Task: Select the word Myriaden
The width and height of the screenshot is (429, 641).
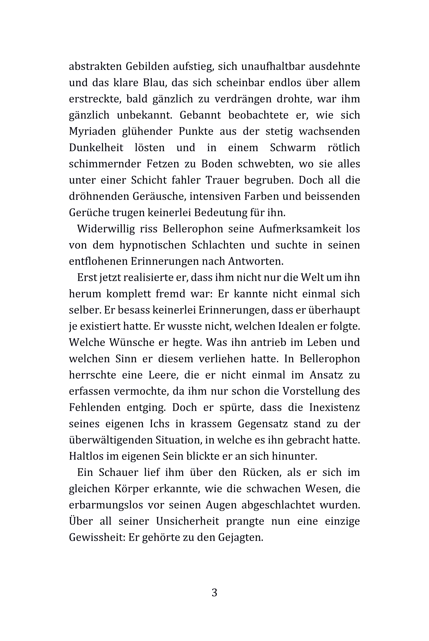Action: [x=92, y=131]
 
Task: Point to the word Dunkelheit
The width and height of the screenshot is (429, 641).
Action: [x=96, y=147]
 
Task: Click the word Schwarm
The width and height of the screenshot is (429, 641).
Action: [x=293, y=147]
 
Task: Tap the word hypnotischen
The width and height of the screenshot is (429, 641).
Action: [x=153, y=245]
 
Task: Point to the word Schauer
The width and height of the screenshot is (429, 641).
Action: [x=118, y=472]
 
